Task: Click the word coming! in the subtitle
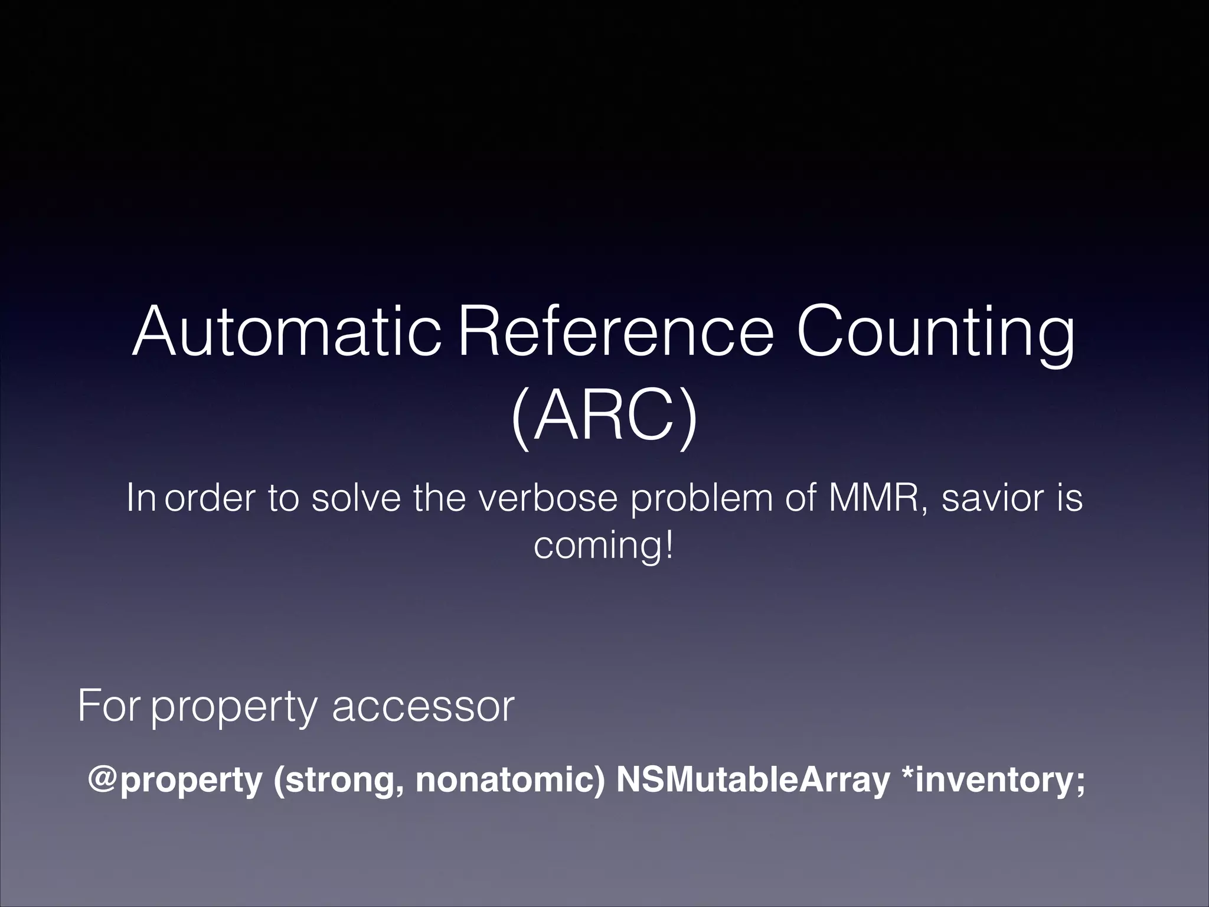[x=603, y=547]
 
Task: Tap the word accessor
[x=423, y=707]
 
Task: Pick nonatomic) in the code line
[x=510, y=781]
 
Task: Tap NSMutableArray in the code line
[x=752, y=781]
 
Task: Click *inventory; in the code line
[x=991, y=781]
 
